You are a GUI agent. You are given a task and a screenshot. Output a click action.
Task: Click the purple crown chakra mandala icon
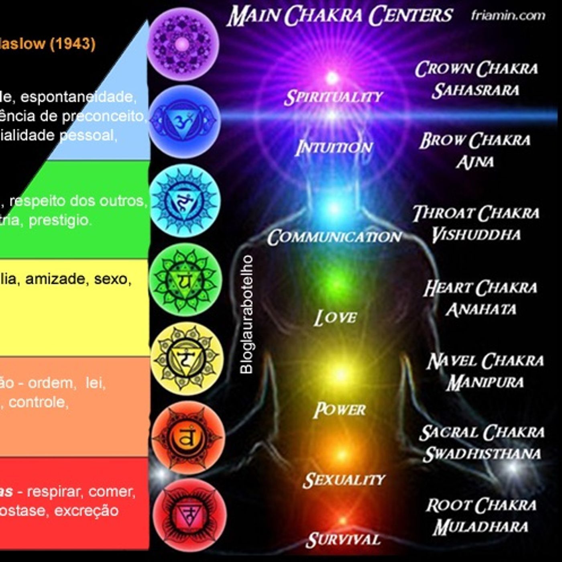point(182,44)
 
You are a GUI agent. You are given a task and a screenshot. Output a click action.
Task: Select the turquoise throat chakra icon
point(185,200)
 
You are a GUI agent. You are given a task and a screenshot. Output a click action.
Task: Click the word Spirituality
point(333,97)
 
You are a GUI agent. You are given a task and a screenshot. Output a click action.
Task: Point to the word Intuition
point(334,148)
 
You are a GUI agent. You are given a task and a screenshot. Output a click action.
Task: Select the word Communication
point(334,237)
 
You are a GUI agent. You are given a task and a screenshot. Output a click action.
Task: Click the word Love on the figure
point(335,318)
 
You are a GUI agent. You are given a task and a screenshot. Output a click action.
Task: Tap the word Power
point(340,410)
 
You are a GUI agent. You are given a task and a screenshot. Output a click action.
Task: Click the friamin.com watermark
point(508,16)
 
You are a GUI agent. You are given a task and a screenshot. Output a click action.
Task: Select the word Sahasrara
point(476,90)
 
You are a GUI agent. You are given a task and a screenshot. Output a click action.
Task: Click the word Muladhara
point(481,527)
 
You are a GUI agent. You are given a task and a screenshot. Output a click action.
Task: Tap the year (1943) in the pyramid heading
point(72,43)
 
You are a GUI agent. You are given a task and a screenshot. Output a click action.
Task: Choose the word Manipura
point(485,382)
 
